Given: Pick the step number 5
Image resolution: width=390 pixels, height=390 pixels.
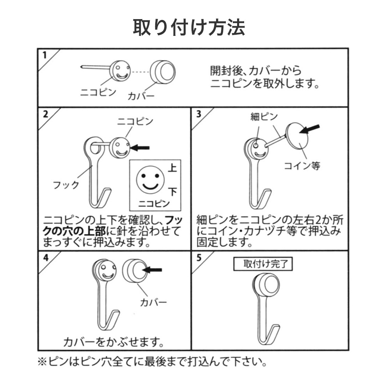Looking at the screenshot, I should (199, 258).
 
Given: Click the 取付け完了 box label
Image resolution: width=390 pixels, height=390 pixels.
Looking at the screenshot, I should (262, 264).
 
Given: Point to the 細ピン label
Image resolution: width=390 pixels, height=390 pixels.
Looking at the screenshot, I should (264, 117).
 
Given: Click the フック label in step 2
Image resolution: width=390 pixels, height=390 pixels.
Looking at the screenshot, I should (66, 184).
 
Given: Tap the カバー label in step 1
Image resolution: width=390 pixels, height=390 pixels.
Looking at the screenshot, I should (141, 96).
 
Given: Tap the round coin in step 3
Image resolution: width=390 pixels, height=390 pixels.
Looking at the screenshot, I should (299, 135).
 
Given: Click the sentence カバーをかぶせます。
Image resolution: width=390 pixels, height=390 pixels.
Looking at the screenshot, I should (113, 342).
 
